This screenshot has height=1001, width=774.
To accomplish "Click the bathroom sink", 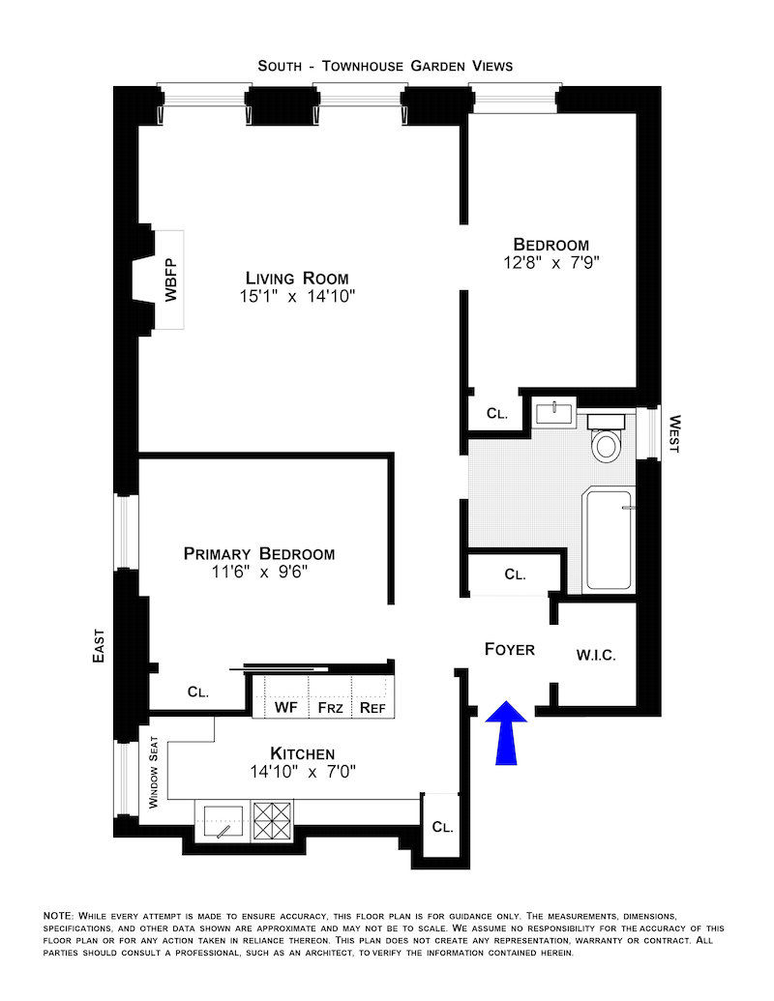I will [x=554, y=414].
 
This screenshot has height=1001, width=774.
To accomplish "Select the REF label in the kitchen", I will [x=372, y=708].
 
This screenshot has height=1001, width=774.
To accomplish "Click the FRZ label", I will [x=329, y=708].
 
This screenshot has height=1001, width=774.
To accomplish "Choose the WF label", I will [x=285, y=708].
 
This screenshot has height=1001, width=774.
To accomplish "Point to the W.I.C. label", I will [x=596, y=655].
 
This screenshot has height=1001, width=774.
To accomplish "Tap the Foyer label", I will [x=509, y=649].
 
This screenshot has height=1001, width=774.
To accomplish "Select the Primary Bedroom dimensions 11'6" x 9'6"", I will [x=259, y=573].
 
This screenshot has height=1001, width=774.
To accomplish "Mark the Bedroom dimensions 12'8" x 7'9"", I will [x=551, y=262].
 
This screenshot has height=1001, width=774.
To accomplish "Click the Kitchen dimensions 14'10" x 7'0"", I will [x=303, y=772].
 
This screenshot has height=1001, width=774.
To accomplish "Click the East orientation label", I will [x=98, y=643].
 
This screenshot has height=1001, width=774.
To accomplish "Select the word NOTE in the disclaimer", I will [x=59, y=914].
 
